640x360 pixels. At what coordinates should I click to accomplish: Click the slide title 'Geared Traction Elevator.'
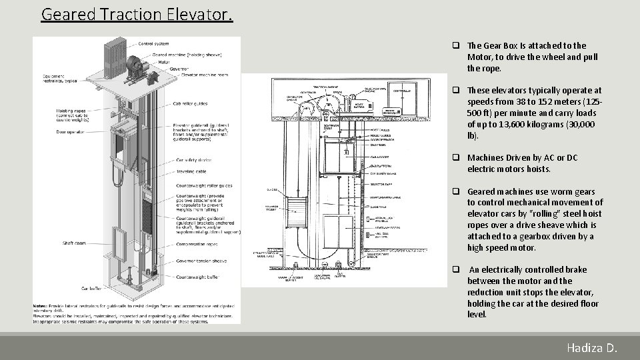137,14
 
